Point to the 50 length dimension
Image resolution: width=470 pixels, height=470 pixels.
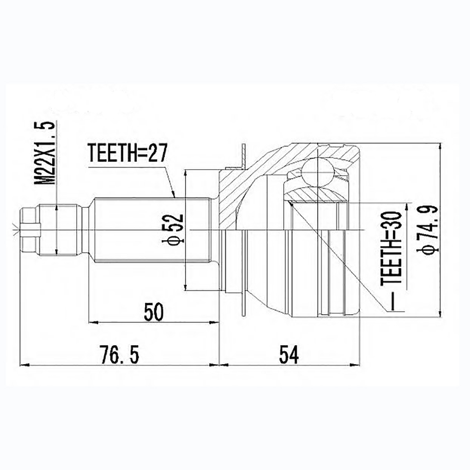click(x=153, y=311)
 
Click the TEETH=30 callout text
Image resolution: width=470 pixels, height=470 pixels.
click(x=392, y=249)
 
